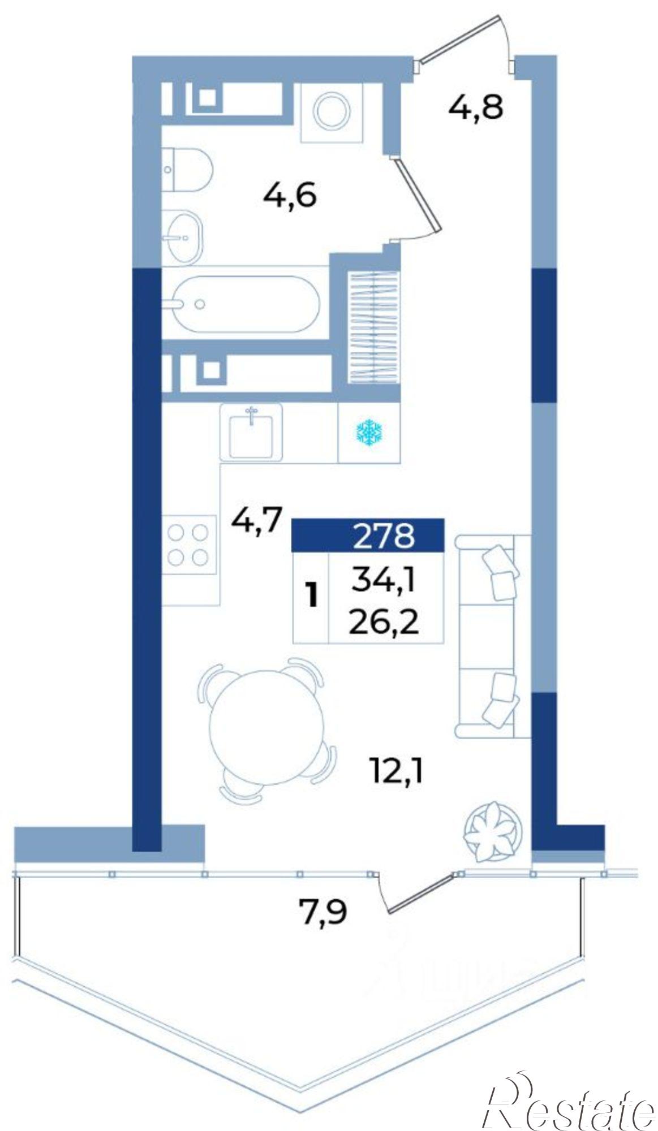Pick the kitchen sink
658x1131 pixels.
(251, 432)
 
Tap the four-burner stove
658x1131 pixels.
(189, 545)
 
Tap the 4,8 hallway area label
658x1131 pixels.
(475, 107)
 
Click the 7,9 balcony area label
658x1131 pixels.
(322, 912)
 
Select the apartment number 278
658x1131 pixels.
(384, 535)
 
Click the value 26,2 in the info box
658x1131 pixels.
(383, 623)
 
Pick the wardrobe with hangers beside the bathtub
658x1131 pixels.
(373, 328)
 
